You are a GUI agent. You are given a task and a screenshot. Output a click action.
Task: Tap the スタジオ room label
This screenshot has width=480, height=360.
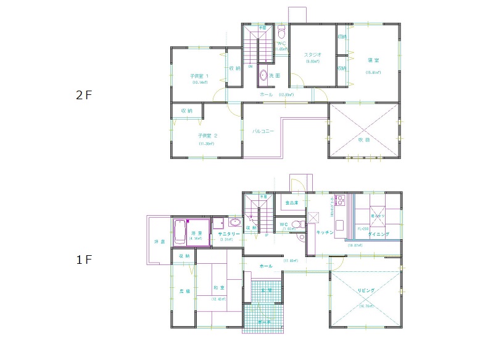click(312, 55)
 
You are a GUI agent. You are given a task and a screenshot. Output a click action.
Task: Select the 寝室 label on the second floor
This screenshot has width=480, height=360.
click(373, 60)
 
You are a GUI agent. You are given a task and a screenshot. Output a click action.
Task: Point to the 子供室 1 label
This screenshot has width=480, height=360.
click(200, 76)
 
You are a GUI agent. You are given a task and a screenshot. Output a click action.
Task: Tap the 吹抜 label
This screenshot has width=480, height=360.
click(365, 139)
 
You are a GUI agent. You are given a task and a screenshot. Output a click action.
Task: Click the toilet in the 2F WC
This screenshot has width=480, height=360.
click(281, 33)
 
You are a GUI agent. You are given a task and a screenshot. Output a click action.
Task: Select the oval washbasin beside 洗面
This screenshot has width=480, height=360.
click(263, 76)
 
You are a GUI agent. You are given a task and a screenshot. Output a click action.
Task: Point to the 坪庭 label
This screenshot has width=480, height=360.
click(159, 242)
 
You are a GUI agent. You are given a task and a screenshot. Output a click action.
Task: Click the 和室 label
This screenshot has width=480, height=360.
click(218, 288)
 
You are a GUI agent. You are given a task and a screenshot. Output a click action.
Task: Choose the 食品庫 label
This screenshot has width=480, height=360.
click(292, 202)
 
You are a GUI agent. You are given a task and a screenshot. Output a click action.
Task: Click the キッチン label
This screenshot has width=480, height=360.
click(325, 232)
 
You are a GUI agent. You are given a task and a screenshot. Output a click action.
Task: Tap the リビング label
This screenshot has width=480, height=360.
click(366, 290)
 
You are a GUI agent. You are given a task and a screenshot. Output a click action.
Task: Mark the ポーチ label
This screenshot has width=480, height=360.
click(263, 323)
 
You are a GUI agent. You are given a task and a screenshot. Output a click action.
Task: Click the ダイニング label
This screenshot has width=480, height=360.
click(378, 235)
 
